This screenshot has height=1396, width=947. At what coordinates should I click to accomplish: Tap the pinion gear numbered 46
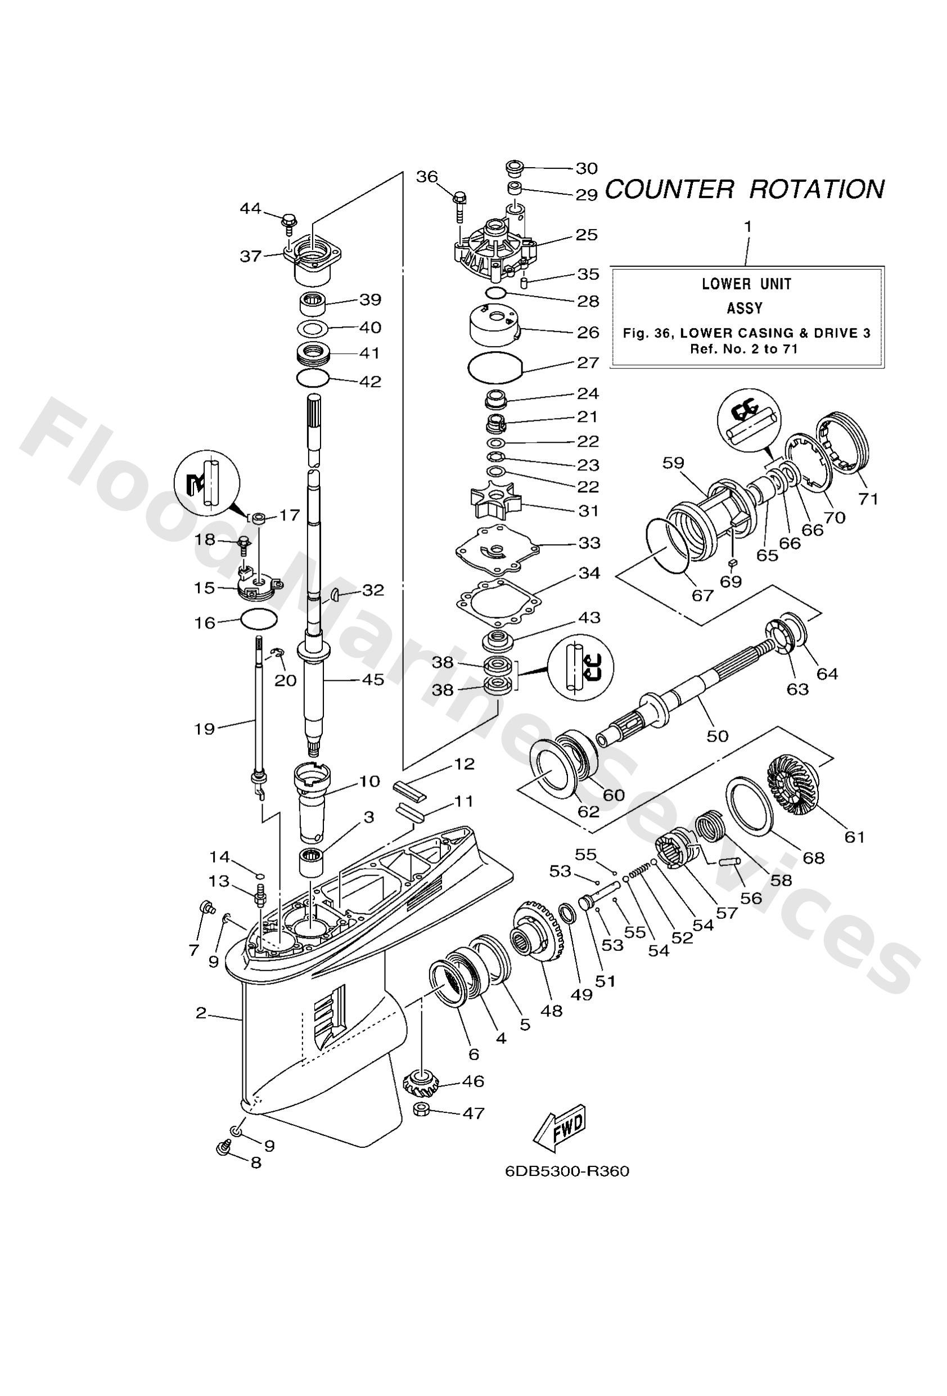coord(420,1083)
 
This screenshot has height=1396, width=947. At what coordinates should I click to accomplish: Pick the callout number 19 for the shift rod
coord(204,729)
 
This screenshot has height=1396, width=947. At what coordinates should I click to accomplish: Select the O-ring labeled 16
coord(258,619)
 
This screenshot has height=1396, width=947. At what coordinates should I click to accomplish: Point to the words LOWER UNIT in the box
coord(746,284)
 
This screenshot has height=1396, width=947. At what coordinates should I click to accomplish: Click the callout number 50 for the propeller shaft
coord(718,736)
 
